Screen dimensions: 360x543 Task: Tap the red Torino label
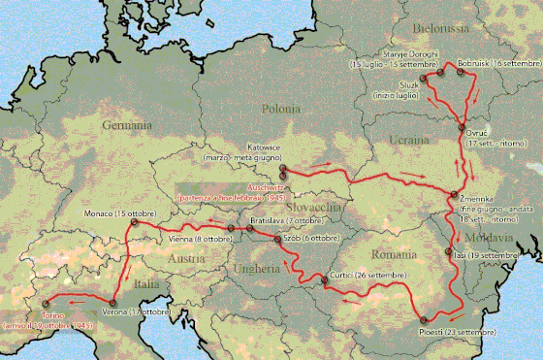pos(55,316)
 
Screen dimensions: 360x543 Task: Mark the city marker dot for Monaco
pos(133,222)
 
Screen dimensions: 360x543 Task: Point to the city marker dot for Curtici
pos(324,282)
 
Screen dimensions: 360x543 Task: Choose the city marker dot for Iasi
pos(449,255)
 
